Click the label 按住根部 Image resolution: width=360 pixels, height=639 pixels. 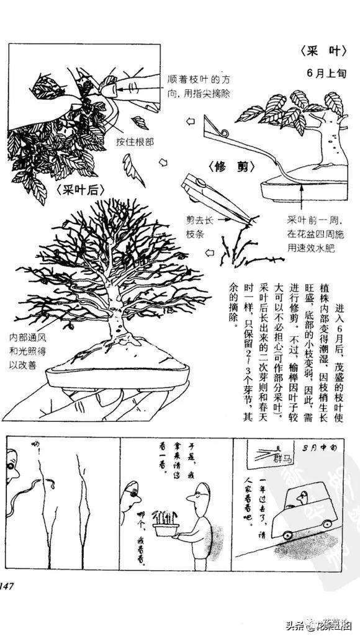click(x=135, y=141)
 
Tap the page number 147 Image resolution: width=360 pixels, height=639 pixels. click(x=11, y=586)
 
